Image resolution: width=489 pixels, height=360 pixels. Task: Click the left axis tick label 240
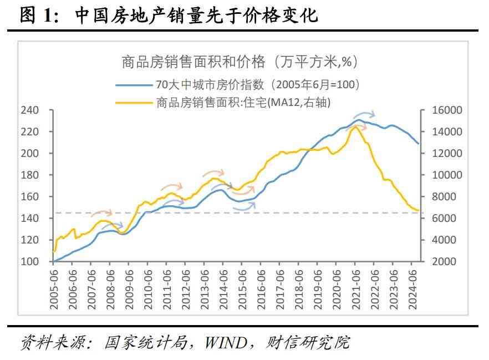[30, 110]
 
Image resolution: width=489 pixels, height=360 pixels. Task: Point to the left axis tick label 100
[30, 261]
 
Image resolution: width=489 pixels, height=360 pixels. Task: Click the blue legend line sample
[134, 85]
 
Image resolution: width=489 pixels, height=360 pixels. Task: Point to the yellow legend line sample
[134, 101]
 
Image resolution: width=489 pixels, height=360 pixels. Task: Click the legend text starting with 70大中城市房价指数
[258, 85]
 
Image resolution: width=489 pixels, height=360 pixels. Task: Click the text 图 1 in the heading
[39, 15]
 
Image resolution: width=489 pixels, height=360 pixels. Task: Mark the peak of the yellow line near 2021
[355, 127]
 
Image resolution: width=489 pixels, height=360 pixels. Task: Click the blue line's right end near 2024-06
[419, 143]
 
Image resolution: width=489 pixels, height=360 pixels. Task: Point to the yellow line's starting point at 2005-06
[54, 251]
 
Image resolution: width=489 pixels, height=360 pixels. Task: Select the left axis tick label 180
[30, 175]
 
